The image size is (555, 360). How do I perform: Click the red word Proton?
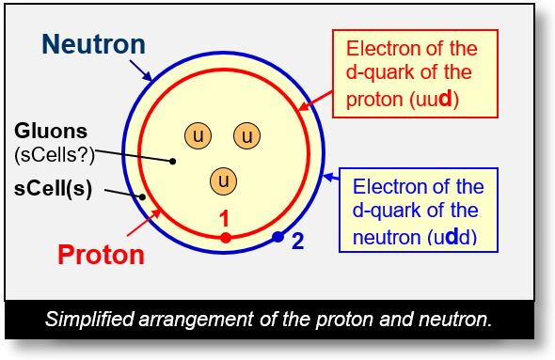pos(102,254)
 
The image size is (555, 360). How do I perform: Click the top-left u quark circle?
pos(198,135)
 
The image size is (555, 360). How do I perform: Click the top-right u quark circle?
pos(247,135)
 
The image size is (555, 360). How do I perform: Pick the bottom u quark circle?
pos(223,179)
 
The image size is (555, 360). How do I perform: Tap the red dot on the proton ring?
pos(226,238)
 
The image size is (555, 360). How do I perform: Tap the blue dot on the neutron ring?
pos(277,237)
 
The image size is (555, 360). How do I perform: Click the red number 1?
pos(224,219)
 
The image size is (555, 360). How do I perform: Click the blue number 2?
pos(297,242)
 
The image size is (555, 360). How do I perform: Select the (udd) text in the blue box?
pos(454,237)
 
